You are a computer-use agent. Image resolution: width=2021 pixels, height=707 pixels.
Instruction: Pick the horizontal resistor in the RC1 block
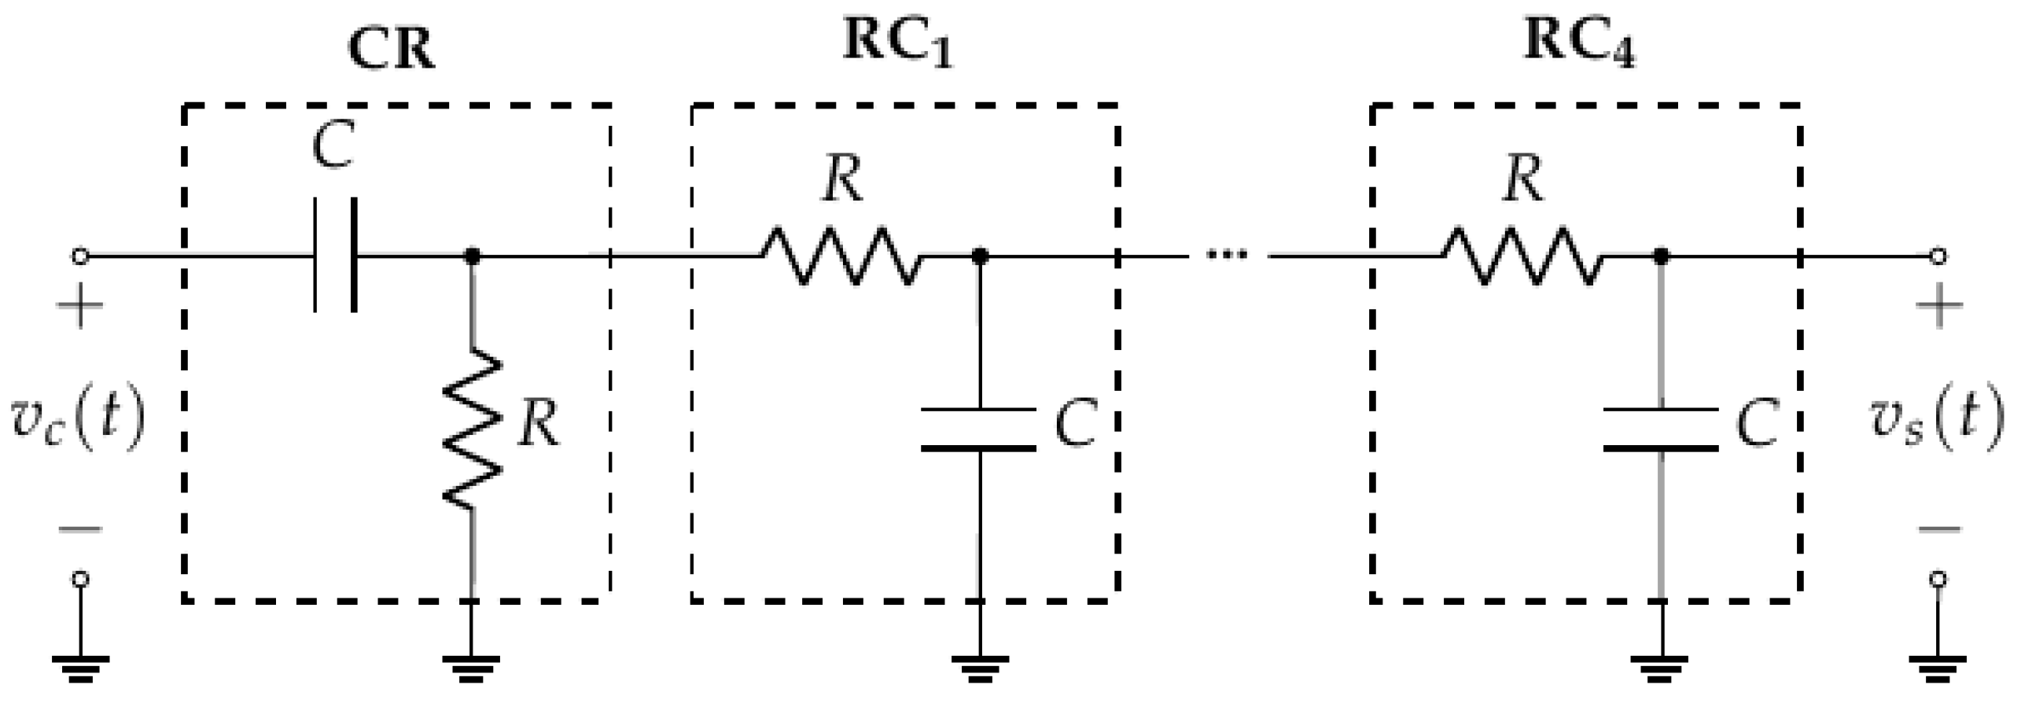840,256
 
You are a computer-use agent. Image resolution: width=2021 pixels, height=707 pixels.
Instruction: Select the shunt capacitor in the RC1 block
978,429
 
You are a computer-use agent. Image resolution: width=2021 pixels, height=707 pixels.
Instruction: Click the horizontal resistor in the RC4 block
1521,256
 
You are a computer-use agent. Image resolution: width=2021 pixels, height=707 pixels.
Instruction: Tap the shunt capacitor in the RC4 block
1660,429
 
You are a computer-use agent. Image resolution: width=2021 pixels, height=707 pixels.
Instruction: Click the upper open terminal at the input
79,256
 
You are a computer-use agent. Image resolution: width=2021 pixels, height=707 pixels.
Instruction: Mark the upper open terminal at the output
1939,256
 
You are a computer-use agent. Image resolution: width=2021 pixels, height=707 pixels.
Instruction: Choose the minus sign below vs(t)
1939,528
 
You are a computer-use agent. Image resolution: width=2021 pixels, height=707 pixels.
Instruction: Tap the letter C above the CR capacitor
333,146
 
